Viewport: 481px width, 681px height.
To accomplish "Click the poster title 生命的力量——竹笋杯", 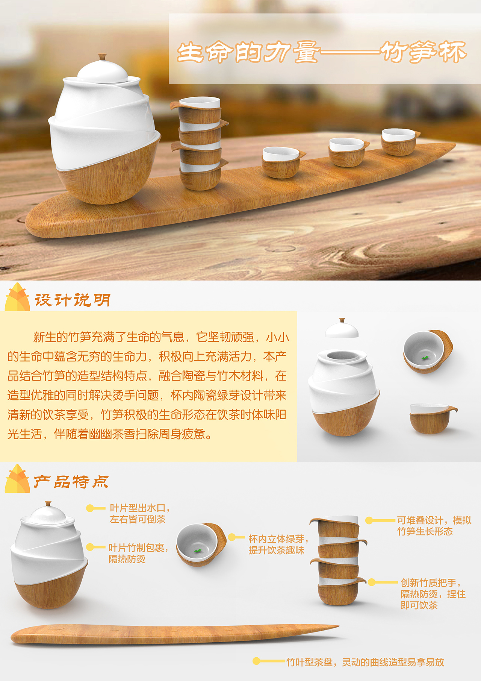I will [x=321, y=52].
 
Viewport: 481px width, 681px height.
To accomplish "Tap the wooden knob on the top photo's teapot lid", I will [x=102, y=57].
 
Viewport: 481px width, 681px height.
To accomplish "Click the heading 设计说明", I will [x=73, y=300].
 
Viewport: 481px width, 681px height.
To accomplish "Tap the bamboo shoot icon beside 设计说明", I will [x=17, y=298].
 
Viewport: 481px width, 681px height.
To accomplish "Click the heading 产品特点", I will [x=71, y=482].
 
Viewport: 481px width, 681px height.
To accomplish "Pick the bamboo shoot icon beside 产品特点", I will [x=17, y=479].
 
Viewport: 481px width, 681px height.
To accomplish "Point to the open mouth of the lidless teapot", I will [x=342, y=355].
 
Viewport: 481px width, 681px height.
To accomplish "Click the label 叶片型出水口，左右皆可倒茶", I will [x=139, y=514].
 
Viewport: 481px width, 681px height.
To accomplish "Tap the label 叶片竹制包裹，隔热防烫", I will [x=138, y=553].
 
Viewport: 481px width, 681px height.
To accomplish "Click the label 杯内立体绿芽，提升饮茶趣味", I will [x=278, y=544].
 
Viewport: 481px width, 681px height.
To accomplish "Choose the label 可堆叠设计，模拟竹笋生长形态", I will [x=434, y=526].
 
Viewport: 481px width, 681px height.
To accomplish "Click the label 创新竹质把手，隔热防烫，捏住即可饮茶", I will [x=432, y=594].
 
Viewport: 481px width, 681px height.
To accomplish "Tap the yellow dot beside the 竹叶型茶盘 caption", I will [x=256, y=661].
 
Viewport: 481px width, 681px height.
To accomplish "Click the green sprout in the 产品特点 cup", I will [x=198, y=551].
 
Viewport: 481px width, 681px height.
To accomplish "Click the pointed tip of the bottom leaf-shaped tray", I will [x=337, y=626].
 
